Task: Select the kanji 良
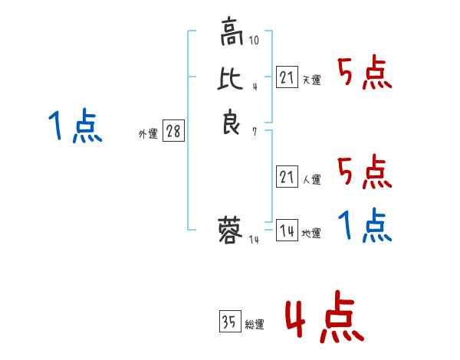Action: [x=231, y=123]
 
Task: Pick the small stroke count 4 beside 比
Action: [x=254, y=87]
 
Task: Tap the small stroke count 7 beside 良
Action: [x=254, y=131]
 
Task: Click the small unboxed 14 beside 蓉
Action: [x=254, y=240]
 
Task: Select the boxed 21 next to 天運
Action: [x=287, y=78]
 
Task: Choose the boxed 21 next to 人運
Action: [x=287, y=178]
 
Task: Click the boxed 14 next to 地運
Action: [x=287, y=231]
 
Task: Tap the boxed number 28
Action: [x=173, y=132]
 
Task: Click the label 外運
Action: [x=148, y=134]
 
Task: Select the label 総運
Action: [x=254, y=325]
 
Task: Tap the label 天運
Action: [x=311, y=80]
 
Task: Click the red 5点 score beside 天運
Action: [x=365, y=74]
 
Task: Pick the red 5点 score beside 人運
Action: [x=365, y=172]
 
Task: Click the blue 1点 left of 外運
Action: [x=74, y=126]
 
